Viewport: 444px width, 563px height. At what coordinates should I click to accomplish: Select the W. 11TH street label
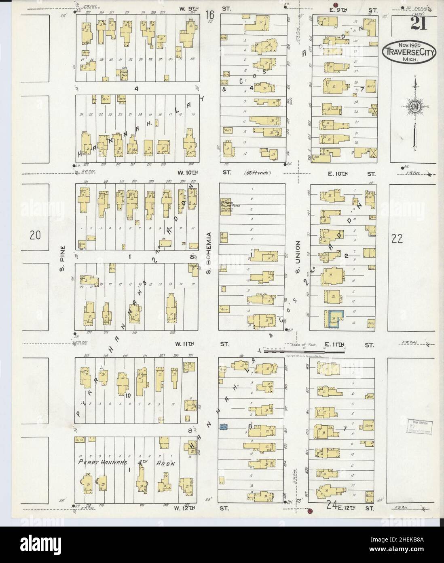184,344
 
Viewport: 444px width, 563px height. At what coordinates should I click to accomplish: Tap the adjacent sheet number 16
209,15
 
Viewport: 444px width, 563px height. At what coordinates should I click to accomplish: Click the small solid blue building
222,426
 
